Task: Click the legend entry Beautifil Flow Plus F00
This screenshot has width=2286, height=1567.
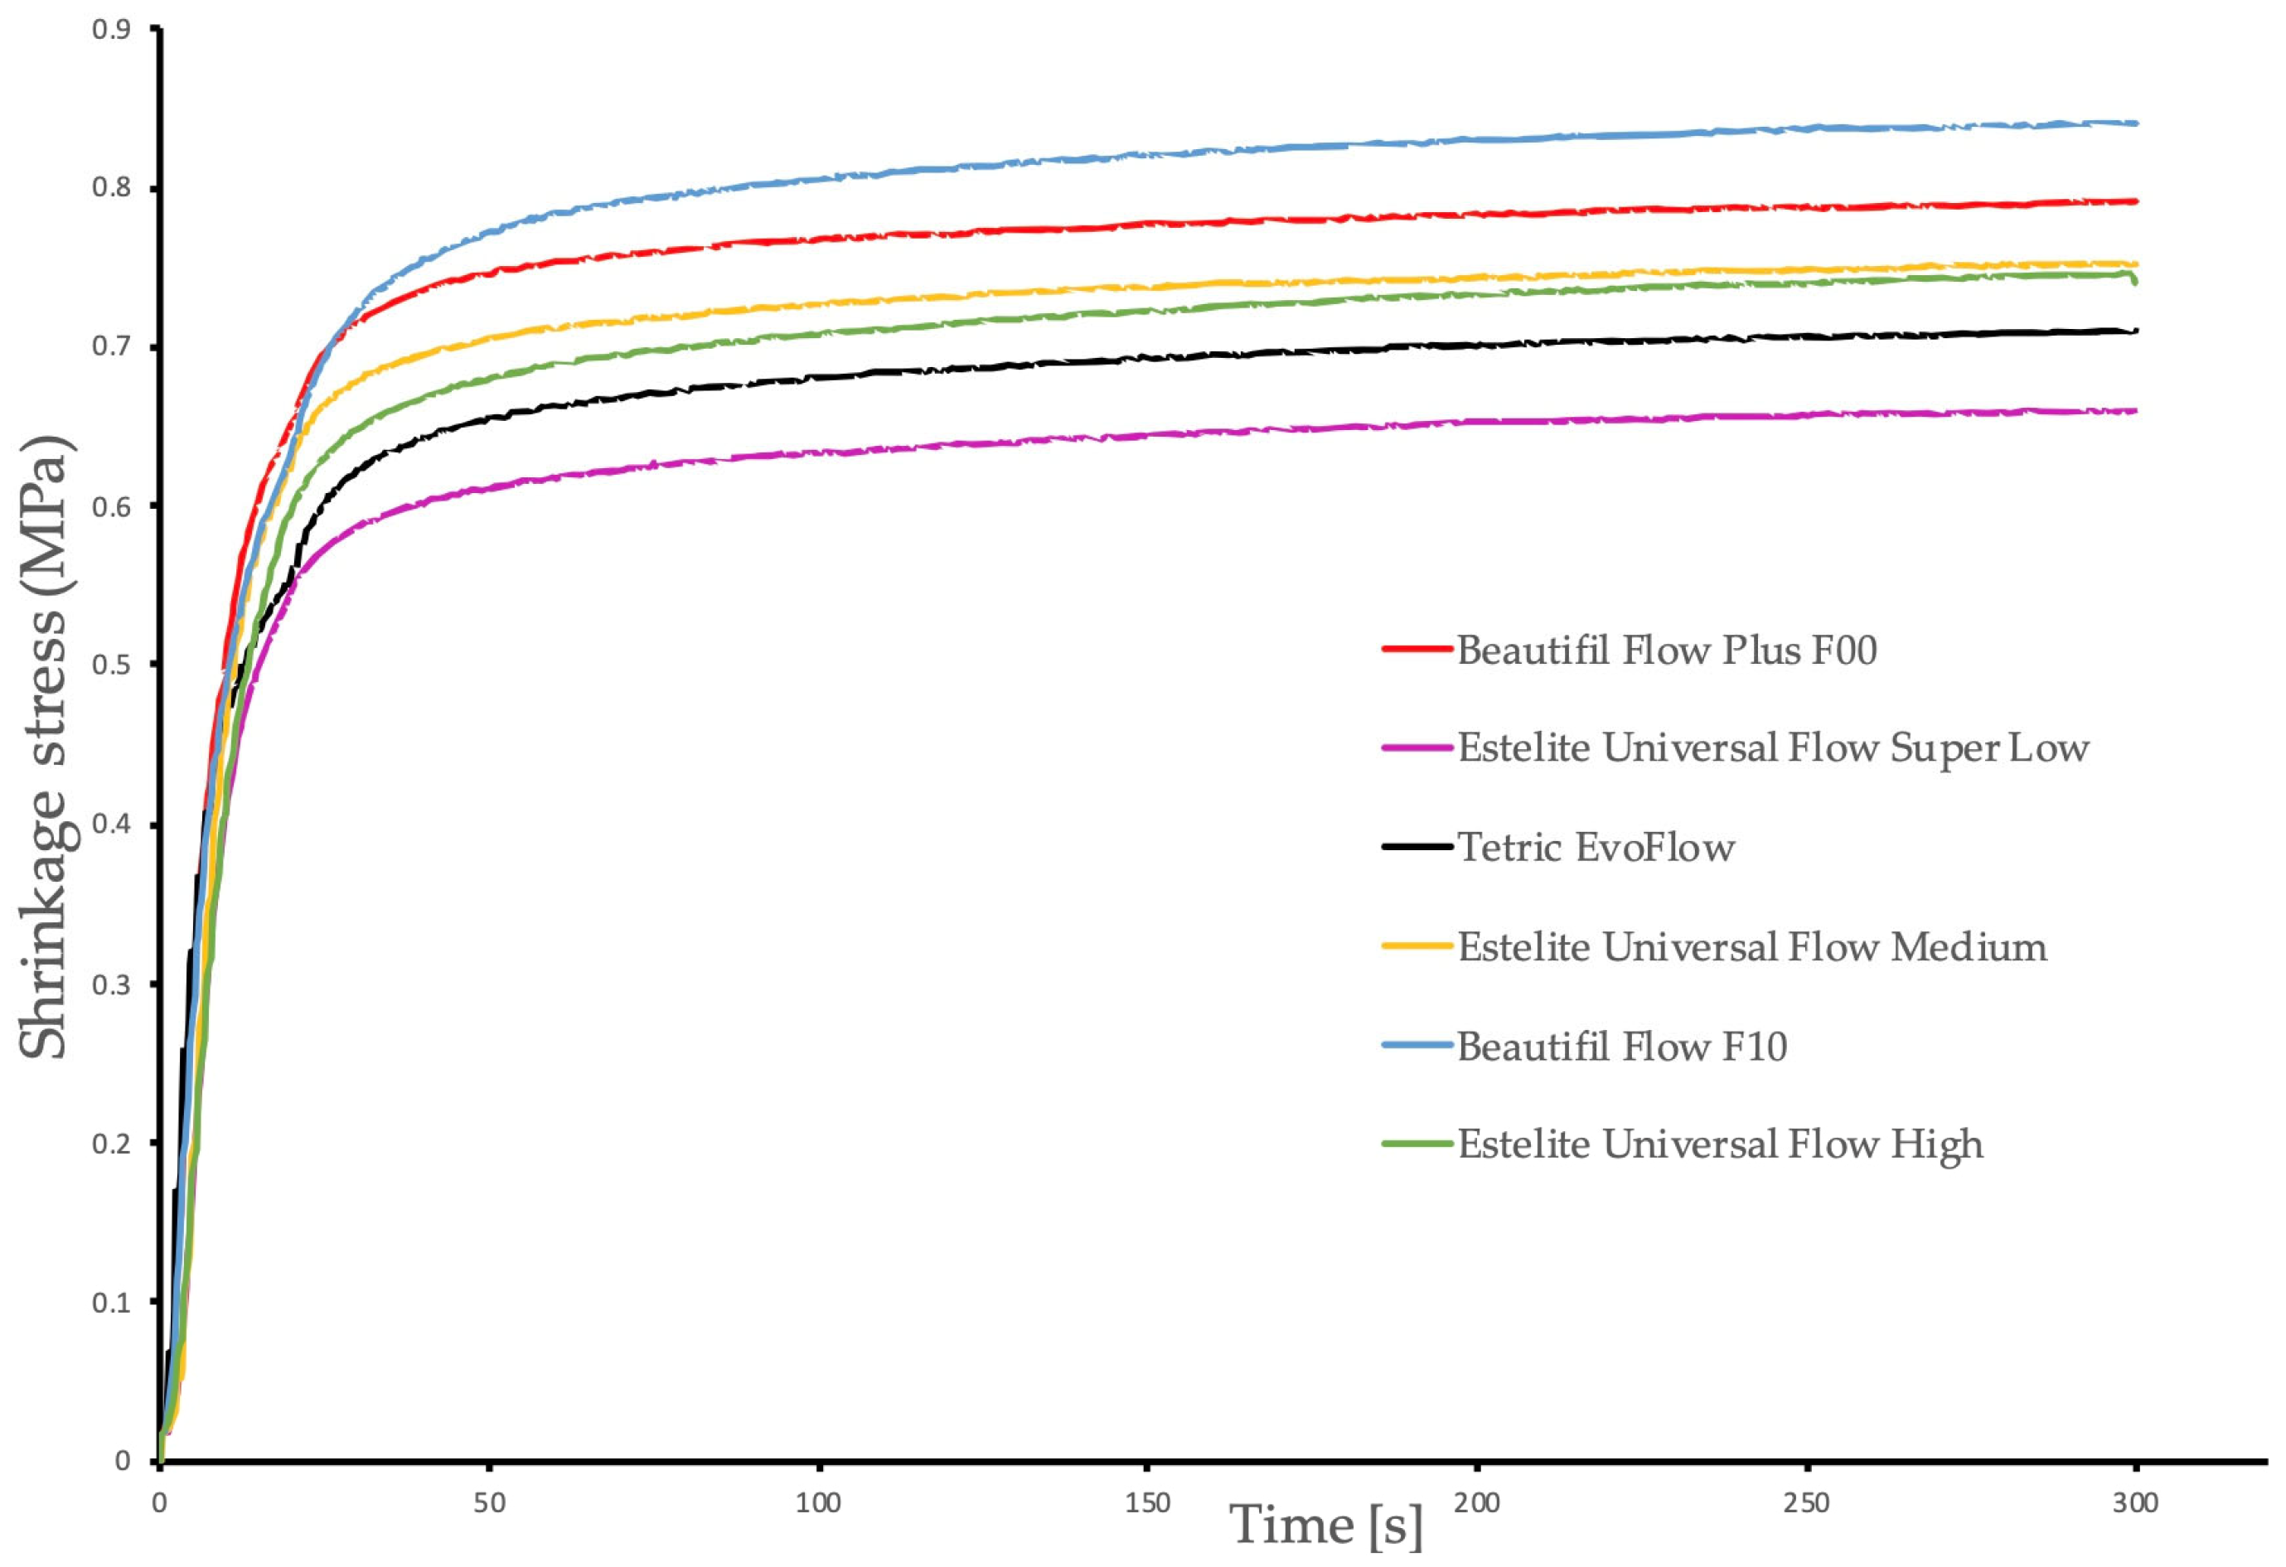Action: [x=1666, y=650]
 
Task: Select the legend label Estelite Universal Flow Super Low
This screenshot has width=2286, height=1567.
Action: [x=1773, y=748]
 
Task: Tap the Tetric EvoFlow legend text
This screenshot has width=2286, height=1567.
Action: [x=1596, y=847]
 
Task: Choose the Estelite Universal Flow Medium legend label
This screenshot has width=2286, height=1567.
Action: [x=1752, y=946]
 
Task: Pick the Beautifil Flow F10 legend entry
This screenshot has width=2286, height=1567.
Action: [x=1621, y=1046]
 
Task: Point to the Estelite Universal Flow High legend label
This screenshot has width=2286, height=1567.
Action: [x=1719, y=1144]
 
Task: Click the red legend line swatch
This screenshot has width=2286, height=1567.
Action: [x=1417, y=649]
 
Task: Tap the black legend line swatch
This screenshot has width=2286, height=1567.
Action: [x=1417, y=846]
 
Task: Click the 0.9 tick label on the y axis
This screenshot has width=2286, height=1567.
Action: [x=111, y=30]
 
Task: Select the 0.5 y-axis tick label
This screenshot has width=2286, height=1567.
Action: [x=111, y=665]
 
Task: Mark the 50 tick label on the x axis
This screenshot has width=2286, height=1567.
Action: [x=489, y=1503]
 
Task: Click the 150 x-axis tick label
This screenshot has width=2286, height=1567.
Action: [x=1147, y=1503]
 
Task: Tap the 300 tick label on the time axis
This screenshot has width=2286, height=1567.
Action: [x=2134, y=1503]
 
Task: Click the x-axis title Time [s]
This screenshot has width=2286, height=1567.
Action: [x=1326, y=1526]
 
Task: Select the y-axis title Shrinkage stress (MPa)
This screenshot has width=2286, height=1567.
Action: [x=44, y=747]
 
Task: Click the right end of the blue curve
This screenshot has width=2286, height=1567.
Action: [x=2135, y=123]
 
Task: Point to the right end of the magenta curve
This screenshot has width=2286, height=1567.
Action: [x=2135, y=410]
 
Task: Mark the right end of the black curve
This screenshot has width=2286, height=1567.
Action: [x=2135, y=331]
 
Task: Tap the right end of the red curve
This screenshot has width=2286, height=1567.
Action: [x=2135, y=201]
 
